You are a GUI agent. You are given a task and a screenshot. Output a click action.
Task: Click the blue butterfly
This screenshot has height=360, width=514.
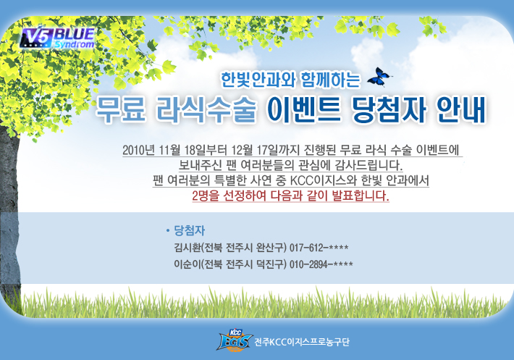tap(379, 77)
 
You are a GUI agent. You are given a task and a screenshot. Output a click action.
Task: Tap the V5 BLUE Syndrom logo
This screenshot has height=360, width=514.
tap(57, 38)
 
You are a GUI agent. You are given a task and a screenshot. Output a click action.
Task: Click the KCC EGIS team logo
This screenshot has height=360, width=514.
tap(235, 340)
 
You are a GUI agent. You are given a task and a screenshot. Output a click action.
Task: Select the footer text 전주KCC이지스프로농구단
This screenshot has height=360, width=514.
tap(302, 342)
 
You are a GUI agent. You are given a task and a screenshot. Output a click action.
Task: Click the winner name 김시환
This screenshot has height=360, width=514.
tap(187, 247)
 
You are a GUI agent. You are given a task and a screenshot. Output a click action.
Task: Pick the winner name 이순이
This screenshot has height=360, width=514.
tap(187, 264)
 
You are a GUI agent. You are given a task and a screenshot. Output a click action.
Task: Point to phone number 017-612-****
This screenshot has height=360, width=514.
tap(319, 248)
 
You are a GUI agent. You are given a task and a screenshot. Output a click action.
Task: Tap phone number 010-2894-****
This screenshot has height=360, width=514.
tap(321, 264)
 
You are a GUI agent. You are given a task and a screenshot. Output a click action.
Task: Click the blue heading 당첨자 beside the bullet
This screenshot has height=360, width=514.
tap(189, 230)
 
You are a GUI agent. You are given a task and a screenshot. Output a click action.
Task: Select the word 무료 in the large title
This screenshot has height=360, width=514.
tap(121, 109)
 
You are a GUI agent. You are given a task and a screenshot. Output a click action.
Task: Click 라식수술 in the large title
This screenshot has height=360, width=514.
tap(206, 109)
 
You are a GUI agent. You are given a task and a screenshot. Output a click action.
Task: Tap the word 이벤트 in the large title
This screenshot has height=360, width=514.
tap(303, 109)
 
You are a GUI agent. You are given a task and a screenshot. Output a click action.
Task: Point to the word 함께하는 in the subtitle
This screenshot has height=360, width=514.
tap(330, 80)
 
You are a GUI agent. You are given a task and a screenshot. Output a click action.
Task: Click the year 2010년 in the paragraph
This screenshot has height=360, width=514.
tap(139, 150)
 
